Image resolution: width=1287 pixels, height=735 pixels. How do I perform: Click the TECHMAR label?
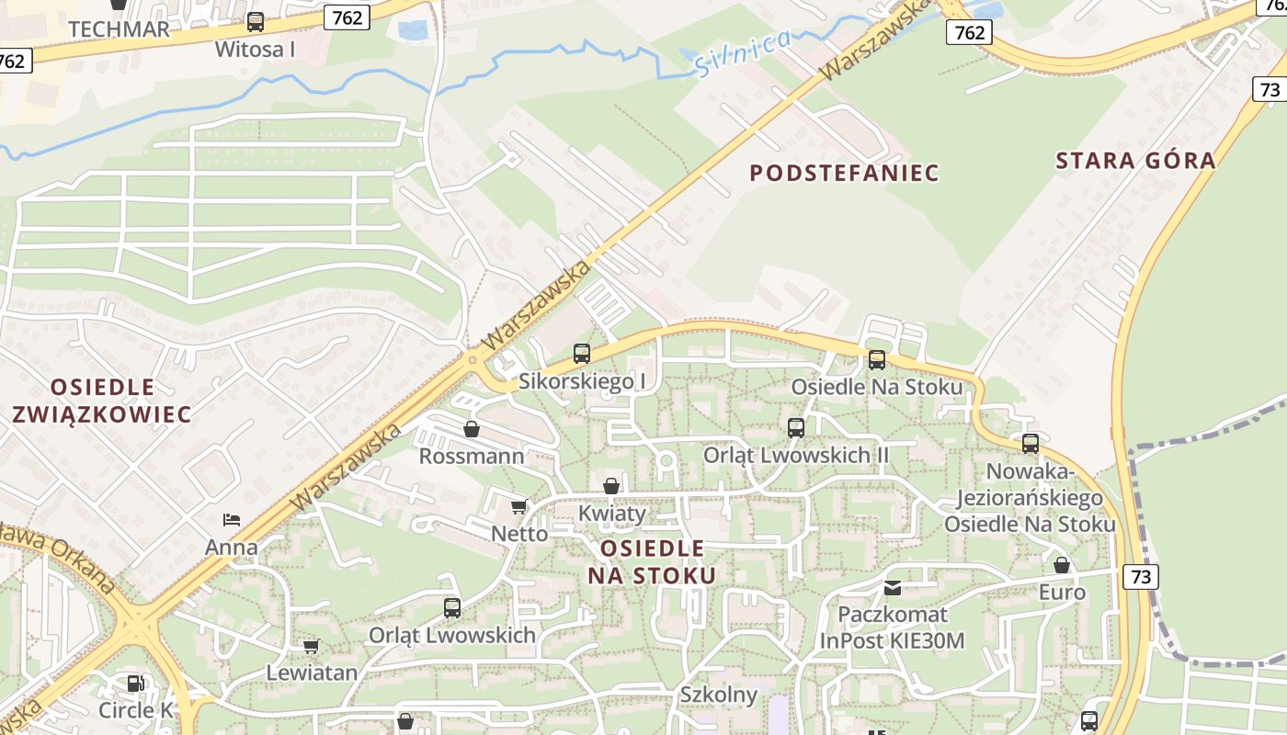(x=119, y=28)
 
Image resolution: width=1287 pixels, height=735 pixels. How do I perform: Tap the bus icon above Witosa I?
(x=256, y=22)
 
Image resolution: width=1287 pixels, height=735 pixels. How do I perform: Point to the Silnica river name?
(x=743, y=53)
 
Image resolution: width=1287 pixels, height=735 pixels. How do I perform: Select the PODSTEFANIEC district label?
(x=844, y=173)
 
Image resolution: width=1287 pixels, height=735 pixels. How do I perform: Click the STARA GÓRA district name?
(x=1135, y=161)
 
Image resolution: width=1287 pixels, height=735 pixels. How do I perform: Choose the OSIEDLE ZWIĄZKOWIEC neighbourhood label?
(x=102, y=401)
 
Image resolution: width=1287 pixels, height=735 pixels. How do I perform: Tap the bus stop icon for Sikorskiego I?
(x=582, y=353)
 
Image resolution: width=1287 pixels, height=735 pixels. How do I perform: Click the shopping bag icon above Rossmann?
(x=472, y=429)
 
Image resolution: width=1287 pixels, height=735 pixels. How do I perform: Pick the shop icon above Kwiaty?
(x=611, y=486)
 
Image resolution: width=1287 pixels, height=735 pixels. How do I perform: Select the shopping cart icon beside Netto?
(x=519, y=506)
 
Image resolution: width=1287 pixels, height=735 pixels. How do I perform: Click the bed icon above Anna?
(x=232, y=520)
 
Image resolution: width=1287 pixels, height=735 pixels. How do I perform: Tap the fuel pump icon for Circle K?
(x=135, y=684)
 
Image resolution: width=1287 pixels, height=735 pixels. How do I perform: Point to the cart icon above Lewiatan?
(x=312, y=646)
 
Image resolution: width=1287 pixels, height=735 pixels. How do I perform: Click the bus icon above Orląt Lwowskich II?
(x=796, y=427)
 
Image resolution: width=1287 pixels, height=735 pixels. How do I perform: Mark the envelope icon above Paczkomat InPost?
(x=893, y=587)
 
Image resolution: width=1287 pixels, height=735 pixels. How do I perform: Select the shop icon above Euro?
(x=1062, y=565)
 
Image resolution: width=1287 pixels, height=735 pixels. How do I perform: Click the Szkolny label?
(x=718, y=695)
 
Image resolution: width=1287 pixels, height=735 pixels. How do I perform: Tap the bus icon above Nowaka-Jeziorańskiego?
(x=1031, y=444)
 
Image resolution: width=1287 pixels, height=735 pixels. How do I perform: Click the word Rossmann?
(x=472, y=457)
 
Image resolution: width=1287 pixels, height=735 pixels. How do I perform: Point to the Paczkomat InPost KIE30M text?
(x=892, y=628)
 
